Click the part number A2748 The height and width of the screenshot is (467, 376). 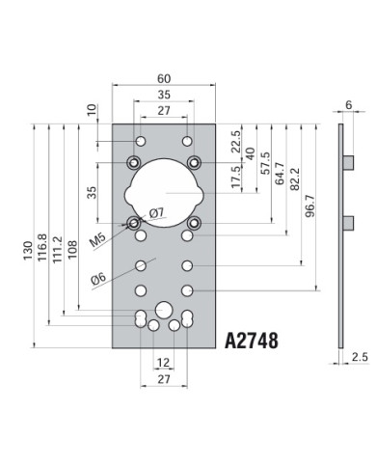pos(252,341)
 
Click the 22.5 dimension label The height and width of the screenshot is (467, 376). pos(234,141)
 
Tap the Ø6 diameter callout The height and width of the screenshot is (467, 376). pos(97,279)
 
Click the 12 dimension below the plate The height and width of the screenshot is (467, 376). pos(163,362)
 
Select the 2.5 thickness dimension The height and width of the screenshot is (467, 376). pos(360,356)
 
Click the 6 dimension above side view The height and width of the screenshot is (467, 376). pos(348,104)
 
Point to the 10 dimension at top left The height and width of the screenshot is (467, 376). pos(92,109)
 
